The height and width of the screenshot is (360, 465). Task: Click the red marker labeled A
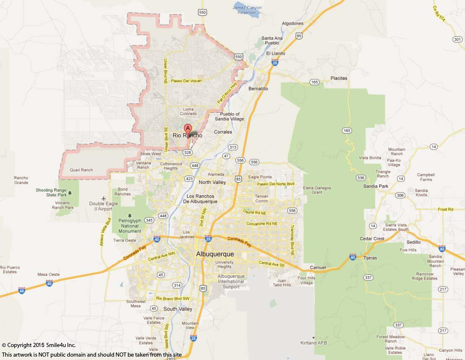point(188,129)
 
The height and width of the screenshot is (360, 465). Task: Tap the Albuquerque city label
point(215,254)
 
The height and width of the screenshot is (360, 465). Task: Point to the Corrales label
point(223,132)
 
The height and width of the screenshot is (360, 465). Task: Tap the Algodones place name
point(293,23)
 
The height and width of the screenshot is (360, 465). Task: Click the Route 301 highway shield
point(457,39)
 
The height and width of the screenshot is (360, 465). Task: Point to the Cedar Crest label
point(372,239)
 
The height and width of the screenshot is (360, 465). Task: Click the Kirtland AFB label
point(328,343)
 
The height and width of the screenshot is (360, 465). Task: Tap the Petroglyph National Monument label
point(130,225)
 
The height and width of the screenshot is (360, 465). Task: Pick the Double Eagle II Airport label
point(101,206)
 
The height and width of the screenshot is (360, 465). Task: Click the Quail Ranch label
point(81,170)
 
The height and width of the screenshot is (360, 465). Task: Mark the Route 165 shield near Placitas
point(314,82)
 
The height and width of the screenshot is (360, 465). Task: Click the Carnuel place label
point(317,267)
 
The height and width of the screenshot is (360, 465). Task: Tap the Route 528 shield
point(187,153)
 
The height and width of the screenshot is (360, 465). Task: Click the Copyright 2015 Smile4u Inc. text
point(39,345)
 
